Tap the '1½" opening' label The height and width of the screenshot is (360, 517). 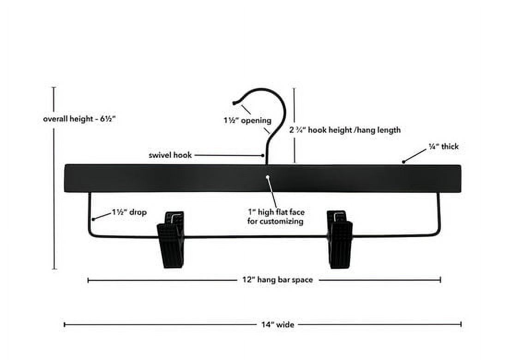coord(247,120)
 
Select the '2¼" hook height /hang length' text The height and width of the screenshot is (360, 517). coord(345,130)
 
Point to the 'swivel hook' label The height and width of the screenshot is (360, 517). coord(170,155)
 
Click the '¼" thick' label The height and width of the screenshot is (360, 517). coord(444,146)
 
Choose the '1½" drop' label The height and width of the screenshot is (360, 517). coord(129,212)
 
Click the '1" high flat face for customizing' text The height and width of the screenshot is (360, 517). coord(276,216)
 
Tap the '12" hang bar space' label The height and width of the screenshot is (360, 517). coord(277,280)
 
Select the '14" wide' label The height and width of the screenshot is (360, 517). coord(277,324)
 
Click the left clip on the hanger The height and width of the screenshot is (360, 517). coord(171,239)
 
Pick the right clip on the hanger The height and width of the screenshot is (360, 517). coord(340,239)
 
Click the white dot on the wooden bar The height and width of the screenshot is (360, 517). coord(267,177)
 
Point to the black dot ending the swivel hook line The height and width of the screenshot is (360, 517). coord(263,155)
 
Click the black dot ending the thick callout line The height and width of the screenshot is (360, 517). coord(403,162)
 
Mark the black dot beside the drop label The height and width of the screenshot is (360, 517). coord(93,219)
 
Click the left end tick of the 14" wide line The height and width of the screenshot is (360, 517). coord(64,325)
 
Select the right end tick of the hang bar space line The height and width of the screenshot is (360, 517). coord(440,280)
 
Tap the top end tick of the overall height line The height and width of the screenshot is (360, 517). coord(54,87)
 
